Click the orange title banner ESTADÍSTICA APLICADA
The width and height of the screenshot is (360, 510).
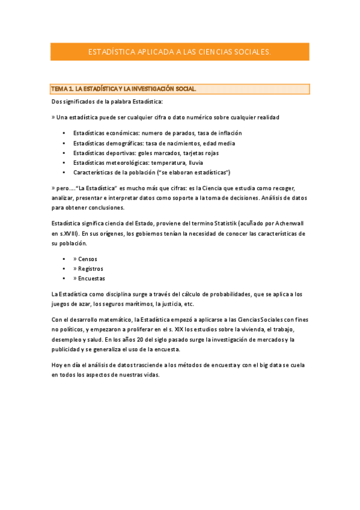tap(179, 52)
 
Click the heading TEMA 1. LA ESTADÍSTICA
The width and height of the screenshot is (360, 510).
tap(124, 89)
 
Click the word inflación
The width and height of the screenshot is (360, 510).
tap(228, 133)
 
